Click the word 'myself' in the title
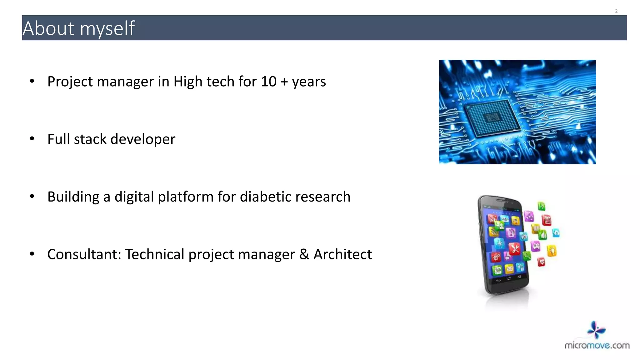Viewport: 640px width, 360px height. (x=107, y=29)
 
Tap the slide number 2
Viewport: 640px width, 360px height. (x=616, y=11)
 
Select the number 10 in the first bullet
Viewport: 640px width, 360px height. (x=268, y=82)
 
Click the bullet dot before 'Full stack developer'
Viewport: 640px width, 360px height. (x=32, y=139)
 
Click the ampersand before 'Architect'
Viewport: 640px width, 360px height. (x=304, y=254)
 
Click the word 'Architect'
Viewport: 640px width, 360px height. (x=342, y=254)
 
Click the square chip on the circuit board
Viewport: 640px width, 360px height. (x=492, y=118)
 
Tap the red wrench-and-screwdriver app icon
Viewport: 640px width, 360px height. (x=514, y=249)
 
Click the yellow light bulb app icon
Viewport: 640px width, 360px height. (x=552, y=251)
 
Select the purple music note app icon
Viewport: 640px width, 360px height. (x=529, y=216)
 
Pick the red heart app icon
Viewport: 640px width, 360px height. (x=541, y=262)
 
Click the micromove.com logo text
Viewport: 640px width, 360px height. (x=597, y=345)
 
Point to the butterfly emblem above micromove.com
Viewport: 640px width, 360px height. (x=596, y=329)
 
